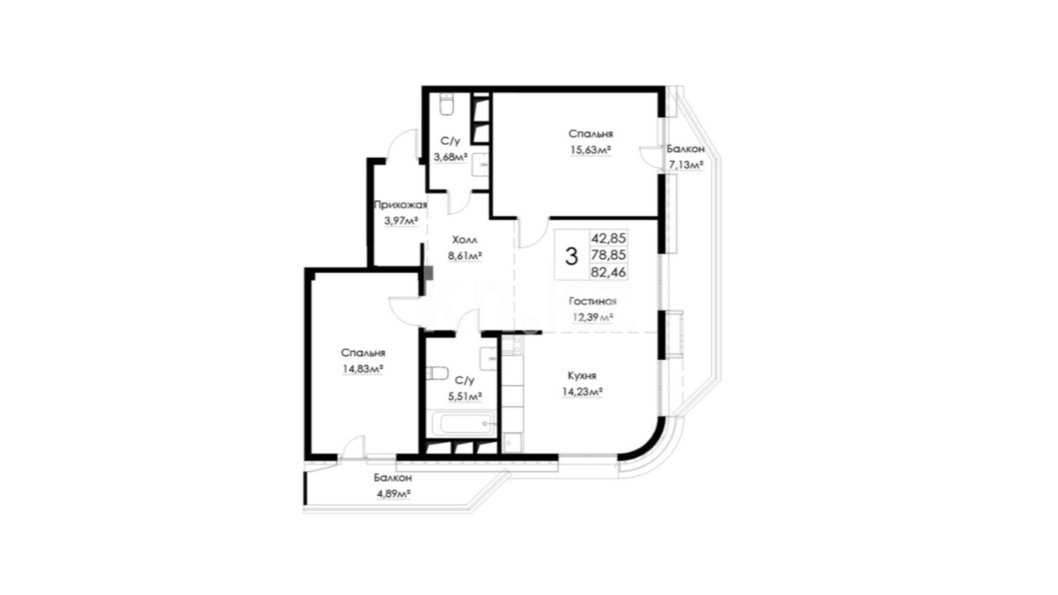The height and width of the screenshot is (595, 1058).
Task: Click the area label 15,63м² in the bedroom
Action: [x=590, y=150]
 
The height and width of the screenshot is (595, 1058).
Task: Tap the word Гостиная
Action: [x=592, y=301]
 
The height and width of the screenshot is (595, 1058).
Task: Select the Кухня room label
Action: [x=582, y=376]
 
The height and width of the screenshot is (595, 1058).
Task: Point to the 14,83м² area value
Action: [x=363, y=369]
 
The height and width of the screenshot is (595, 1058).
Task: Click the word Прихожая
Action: [x=401, y=205]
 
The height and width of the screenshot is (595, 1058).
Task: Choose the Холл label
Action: [x=465, y=239]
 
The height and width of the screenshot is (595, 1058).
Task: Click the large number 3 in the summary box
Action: [x=571, y=257]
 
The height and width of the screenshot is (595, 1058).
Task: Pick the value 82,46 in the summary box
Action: [x=608, y=272]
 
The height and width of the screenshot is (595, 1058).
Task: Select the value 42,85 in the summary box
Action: [x=608, y=237]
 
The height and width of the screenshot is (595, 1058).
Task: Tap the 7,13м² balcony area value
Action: [x=686, y=165]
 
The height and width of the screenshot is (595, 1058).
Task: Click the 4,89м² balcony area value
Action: [x=393, y=494]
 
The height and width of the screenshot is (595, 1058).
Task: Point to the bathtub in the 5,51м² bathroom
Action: [x=462, y=424]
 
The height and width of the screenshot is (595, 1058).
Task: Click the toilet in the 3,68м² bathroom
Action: [x=446, y=104]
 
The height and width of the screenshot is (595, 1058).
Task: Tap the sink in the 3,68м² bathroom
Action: [x=481, y=165]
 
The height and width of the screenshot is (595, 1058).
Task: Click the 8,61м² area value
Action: [x=465, y=256]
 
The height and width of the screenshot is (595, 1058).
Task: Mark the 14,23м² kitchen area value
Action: [x=582, y=392]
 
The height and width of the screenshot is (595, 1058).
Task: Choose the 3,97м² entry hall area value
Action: [x=401, y=221]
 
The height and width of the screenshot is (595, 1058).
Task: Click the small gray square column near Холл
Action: [x=428, y=273]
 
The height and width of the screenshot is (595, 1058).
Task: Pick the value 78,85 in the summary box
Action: [x=608, y=255]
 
